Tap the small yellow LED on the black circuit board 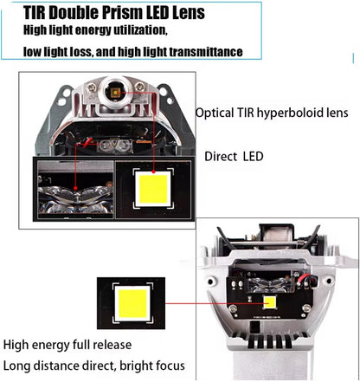pyautogui.click(x=269, y=304)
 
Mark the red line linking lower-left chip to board pyautogui.click(x=208, y=305)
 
